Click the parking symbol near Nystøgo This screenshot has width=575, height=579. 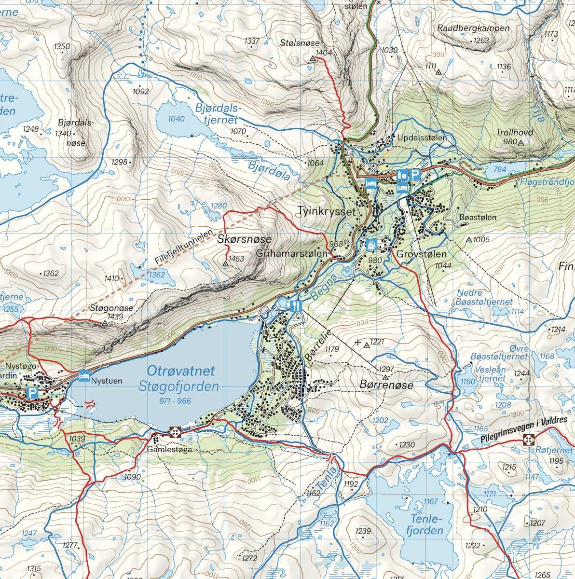(32, 393)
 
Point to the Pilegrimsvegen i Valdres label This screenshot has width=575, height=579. (524, 428)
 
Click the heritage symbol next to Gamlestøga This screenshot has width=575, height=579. (175, 432)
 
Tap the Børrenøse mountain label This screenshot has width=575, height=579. (386, 385)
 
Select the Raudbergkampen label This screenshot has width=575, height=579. (473, 28)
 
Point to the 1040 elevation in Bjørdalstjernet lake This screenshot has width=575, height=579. (177, 119)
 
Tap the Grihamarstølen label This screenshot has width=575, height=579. (292, 253)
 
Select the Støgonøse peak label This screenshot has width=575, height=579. (111, 308)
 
